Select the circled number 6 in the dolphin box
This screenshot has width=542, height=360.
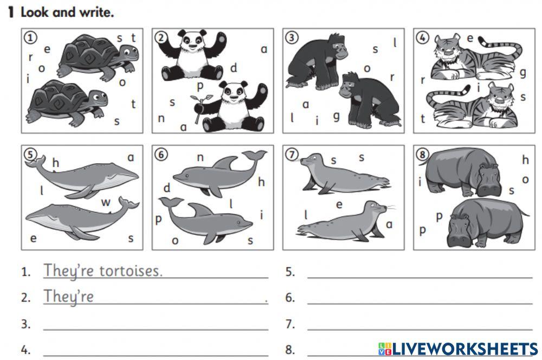(161, 155)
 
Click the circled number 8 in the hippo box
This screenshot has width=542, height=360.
(422, 155)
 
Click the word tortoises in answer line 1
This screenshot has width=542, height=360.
(131, 271)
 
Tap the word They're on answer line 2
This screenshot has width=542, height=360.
(68, 297)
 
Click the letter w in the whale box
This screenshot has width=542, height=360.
(106, 202)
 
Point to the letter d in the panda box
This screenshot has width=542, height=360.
(234, 68)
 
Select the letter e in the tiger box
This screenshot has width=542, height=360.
(470, 38)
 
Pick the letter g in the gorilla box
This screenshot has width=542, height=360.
(336, 117)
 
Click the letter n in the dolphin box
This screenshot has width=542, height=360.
(200, 158)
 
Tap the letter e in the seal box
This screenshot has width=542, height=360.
(339, 205)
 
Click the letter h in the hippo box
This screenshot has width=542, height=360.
(525, 159)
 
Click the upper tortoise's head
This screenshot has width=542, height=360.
(129, 54)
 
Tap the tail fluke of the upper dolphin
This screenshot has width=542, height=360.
(255, 155)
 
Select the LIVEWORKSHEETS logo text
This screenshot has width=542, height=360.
(458, 349)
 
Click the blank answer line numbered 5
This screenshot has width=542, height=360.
(420, 278)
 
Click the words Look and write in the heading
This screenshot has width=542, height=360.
(67, 12)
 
